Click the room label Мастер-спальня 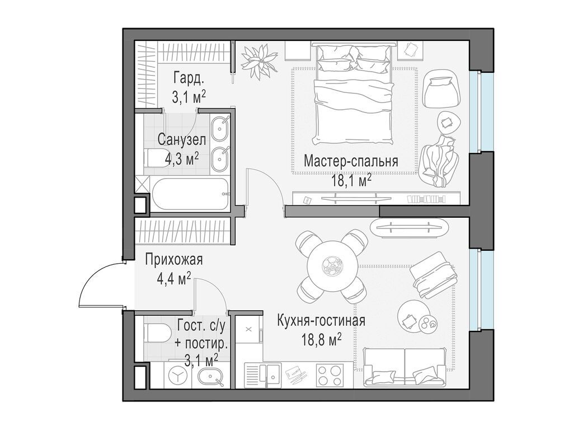(x=351, y=162)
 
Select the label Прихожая (x=173, y=260)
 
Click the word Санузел (x=181, y=139)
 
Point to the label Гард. (x=187, y=77)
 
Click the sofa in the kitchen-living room (x=405, y=366)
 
